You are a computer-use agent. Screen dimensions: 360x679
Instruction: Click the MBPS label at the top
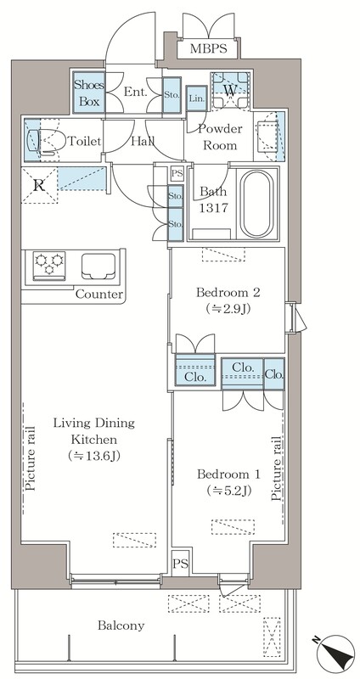point(208,48)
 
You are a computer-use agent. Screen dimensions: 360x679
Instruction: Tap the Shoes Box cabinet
point(89,93)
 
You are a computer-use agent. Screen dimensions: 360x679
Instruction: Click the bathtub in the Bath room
point(257,204)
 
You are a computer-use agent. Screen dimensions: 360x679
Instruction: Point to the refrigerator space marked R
point(39,185)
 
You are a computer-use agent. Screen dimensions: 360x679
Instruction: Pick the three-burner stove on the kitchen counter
point(49,265)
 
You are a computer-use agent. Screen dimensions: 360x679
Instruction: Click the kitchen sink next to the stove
point(98,266)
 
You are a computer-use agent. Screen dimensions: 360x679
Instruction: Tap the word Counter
point(99,295)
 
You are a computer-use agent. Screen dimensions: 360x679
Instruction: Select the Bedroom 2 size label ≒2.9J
point(228,309)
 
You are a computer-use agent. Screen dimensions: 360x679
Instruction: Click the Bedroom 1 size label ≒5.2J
point(229,491)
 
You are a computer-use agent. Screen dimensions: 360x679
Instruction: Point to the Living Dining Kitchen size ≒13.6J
point(93,456)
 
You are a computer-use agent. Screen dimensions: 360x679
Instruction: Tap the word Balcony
point(121,626)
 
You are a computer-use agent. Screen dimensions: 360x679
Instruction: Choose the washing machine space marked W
point(229,91)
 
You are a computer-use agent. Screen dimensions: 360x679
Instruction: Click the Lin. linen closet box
point(196,98)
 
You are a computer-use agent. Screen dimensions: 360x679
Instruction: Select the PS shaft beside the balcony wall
point(181,564)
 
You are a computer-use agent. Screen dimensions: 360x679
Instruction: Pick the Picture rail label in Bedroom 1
point(277,469)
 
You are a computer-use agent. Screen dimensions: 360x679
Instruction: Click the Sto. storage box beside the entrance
point(172,95)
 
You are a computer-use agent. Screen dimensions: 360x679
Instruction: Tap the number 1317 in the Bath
point(213,208)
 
